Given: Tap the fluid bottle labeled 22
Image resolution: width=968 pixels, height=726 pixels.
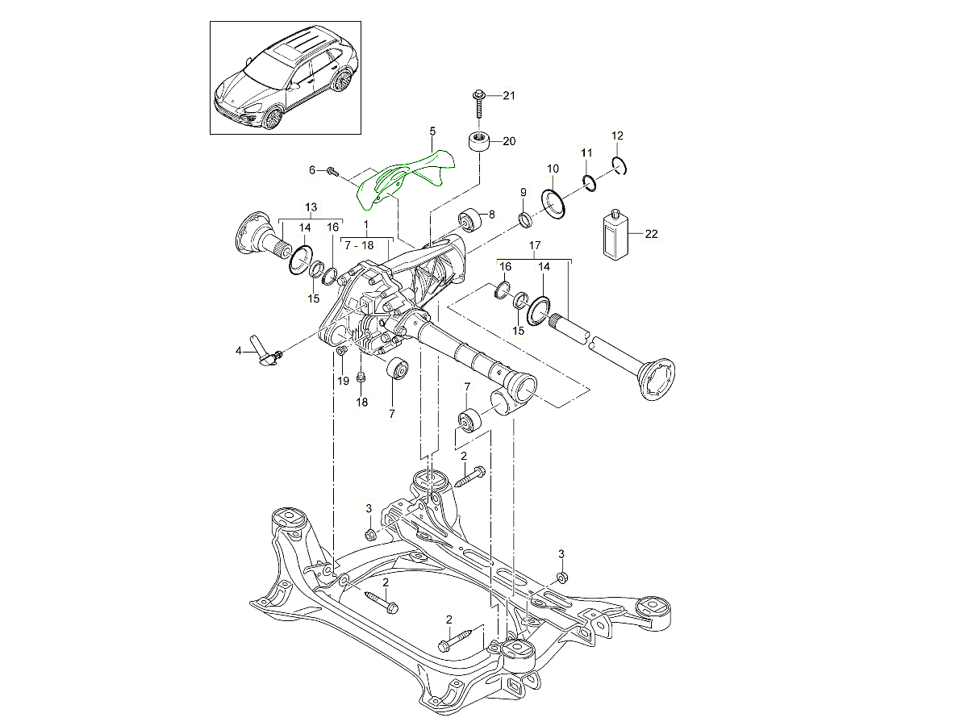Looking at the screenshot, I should (x=615, y=234).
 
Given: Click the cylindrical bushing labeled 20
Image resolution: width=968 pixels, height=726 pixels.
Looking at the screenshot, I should (x=480, y=143).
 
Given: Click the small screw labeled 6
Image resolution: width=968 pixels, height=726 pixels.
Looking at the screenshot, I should (x=333, y=171).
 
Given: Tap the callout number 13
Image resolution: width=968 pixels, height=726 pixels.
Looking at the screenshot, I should (x=311, y=207).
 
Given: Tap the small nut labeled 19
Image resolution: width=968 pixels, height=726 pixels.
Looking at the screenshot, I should (x=342, y=350).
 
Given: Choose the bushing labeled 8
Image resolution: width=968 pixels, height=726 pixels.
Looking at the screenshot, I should (x=469, y=218).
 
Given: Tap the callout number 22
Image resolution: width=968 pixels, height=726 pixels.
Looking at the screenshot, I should (x=652, y=234).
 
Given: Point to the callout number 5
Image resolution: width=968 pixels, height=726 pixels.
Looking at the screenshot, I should (x=432, y=130).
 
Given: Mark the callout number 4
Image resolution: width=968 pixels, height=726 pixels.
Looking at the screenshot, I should (x=238, y=351).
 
